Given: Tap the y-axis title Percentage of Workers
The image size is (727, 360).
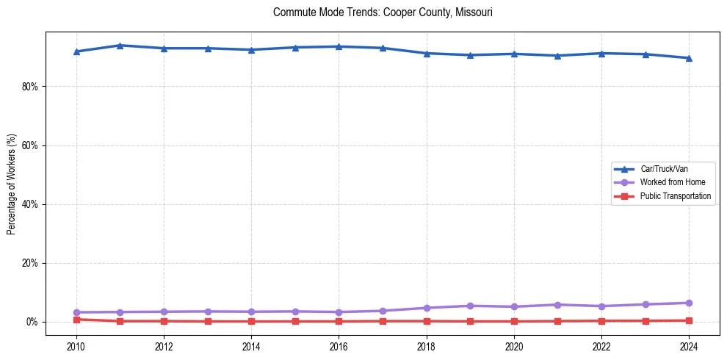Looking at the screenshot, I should (12, 184).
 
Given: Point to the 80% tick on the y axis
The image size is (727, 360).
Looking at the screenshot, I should (29, 87).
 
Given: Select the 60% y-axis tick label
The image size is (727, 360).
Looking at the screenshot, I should (29, 145).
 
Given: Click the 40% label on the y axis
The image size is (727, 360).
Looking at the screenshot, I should (29, 204).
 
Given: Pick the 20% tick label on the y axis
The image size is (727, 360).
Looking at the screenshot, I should (29, 263).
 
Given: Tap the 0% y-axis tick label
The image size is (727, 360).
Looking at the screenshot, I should (32, 322).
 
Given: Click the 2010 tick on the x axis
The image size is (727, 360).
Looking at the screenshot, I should (76, 345).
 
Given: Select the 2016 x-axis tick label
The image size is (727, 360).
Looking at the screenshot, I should (339, 345).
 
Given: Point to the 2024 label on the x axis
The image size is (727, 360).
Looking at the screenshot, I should (689, 345).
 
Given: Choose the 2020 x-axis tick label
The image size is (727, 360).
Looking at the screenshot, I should (514, 345).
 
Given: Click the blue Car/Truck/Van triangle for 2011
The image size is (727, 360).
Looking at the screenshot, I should (120, 46).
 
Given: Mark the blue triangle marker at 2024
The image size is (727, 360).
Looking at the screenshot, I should (689, 58).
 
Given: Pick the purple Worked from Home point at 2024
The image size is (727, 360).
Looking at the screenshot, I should (689, 303).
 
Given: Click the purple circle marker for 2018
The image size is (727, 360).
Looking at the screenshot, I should (427, 308).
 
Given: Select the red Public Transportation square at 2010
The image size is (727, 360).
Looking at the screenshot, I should (76, 320).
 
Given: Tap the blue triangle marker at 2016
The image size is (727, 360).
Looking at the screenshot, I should (339, 46).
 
